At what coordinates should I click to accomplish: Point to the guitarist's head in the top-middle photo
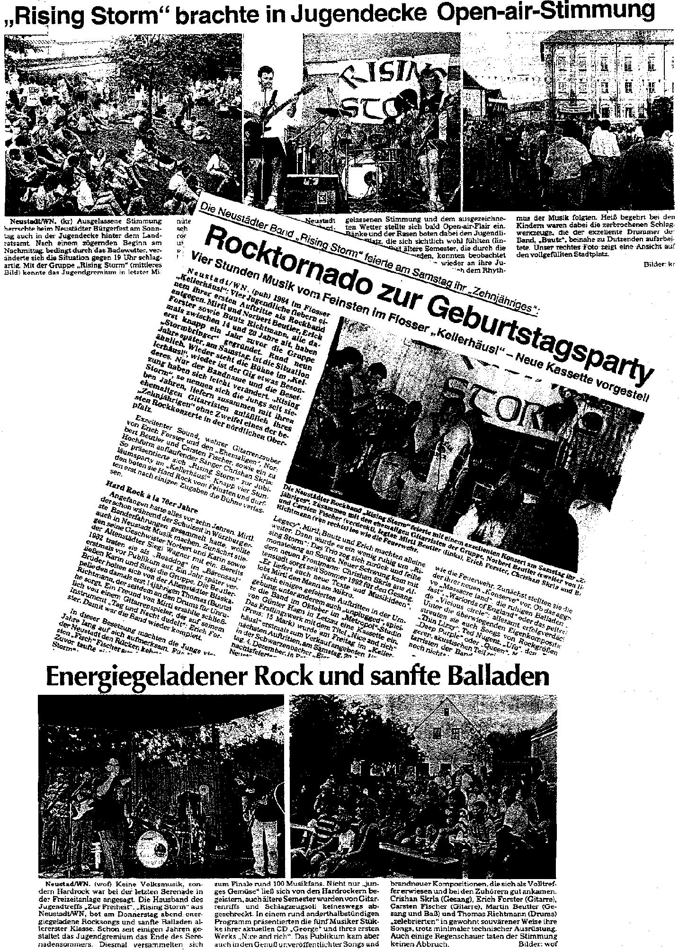click(263, 76)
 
